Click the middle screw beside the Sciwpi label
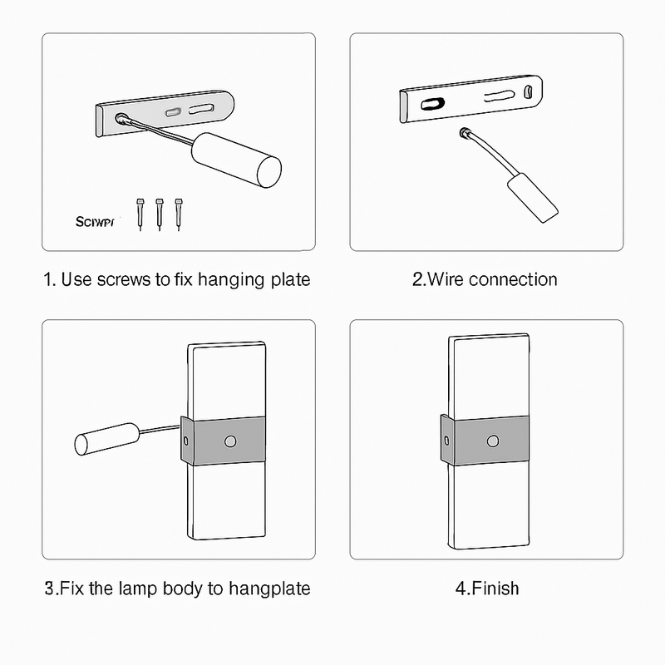point(159,213)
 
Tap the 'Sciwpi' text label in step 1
point(98,222)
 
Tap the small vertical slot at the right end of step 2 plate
point(528,94)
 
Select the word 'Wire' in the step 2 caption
point(446,279)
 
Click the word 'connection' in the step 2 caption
point(513,279)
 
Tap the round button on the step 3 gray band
point(229,439)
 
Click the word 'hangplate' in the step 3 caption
point(269,589)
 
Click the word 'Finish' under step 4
point(495,589)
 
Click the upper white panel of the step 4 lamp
point(489,374)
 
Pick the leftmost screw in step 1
point(140,213)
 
